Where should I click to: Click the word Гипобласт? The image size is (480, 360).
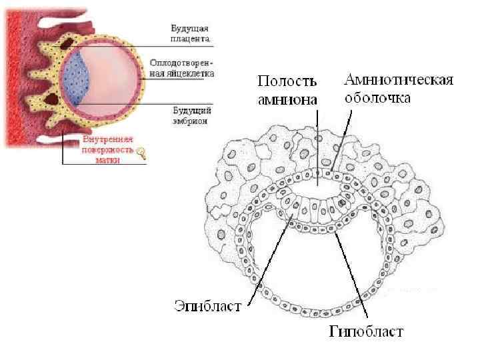(366, 331)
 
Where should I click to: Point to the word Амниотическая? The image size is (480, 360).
(399, 81)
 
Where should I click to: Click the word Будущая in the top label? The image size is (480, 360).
(190, 29)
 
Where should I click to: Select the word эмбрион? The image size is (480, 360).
(189, 122)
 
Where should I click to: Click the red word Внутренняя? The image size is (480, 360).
(108, 141)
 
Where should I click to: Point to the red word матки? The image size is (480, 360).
(108, 160)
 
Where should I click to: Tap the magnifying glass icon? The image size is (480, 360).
(141, 155)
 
